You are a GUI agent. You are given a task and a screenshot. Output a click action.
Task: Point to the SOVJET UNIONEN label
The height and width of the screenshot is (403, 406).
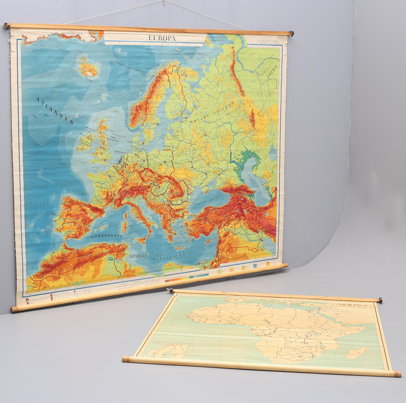click(x=211, y=113)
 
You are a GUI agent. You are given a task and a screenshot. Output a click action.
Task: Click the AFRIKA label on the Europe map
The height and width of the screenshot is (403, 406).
click(x=138, y=256)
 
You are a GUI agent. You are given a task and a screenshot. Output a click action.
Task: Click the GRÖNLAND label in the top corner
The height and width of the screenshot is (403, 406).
click(x=73, y=33)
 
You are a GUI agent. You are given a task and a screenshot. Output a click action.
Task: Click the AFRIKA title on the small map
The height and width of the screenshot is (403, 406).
click(x=347, y=305)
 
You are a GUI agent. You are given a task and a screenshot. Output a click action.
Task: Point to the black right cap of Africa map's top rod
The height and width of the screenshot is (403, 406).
click(x=380, y=300)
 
